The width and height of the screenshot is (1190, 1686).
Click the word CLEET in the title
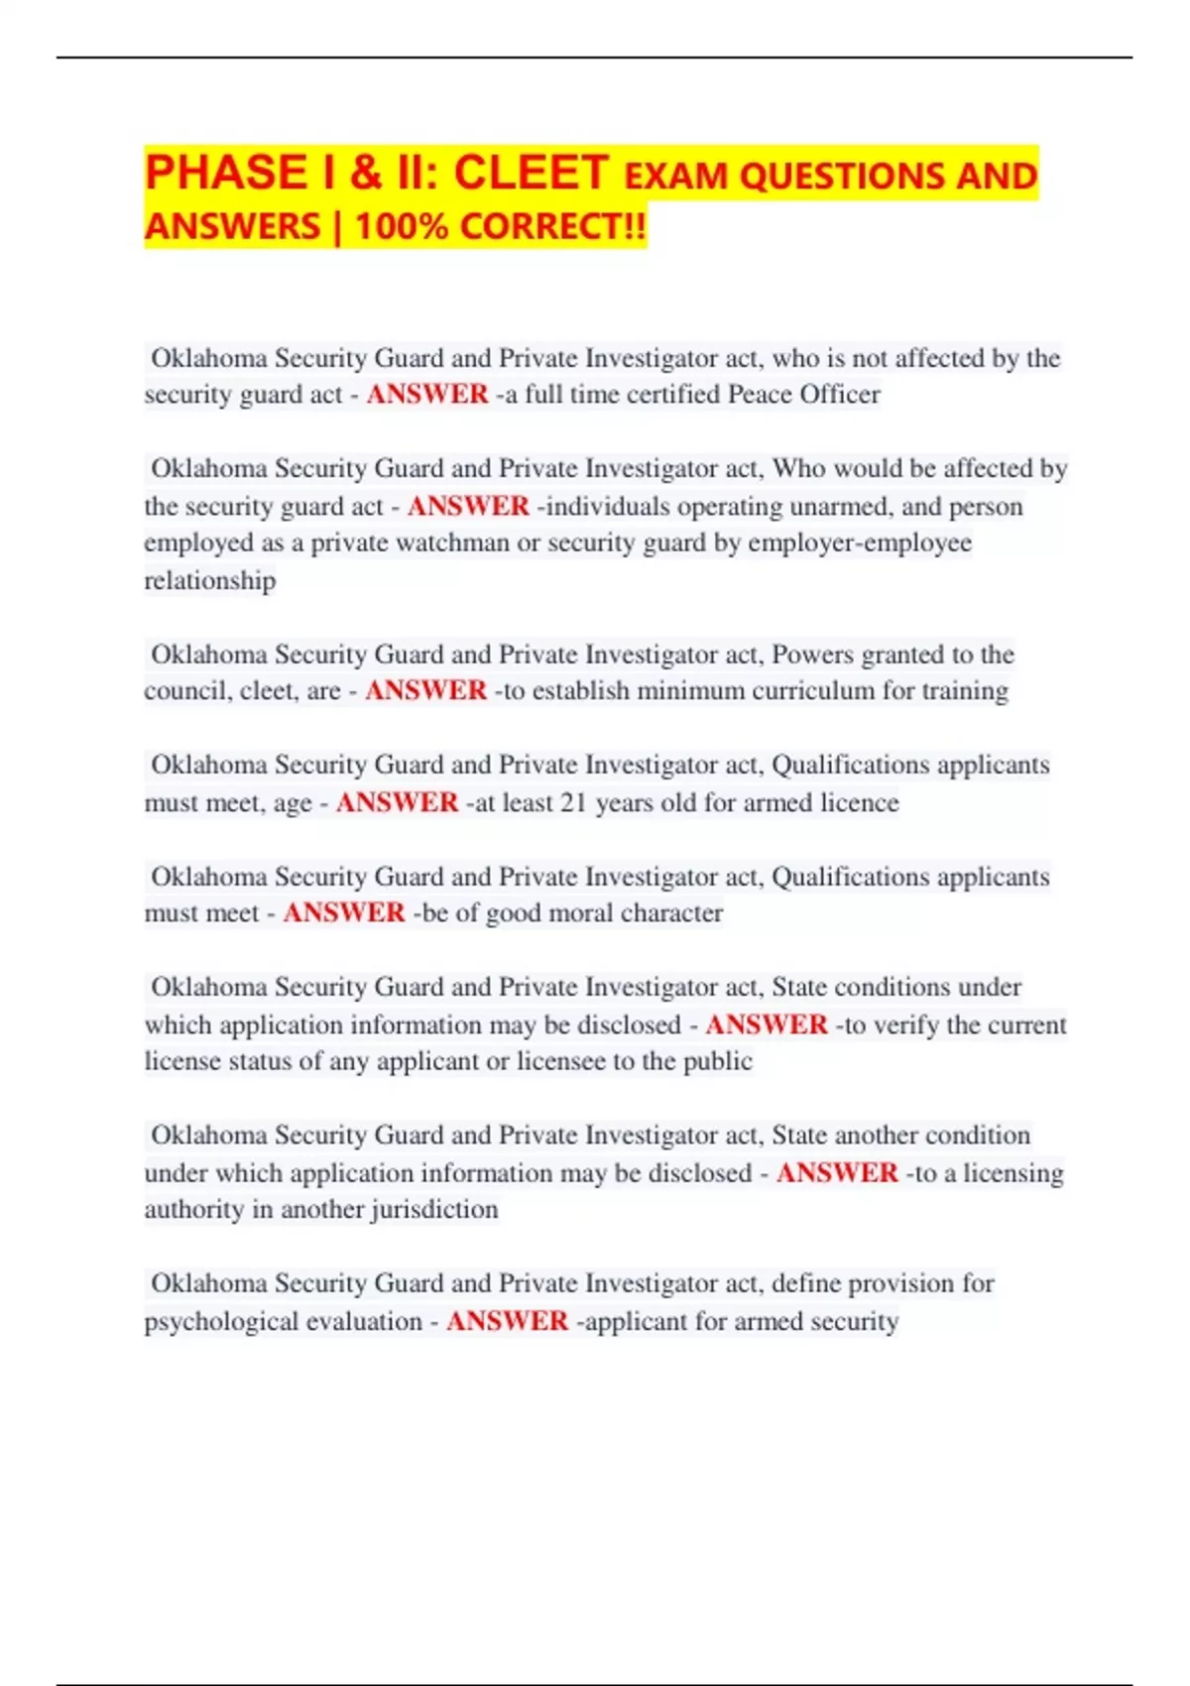(531, 173)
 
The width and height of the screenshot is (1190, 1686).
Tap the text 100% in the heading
(401, 226)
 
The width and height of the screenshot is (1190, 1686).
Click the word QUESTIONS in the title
(842, 176)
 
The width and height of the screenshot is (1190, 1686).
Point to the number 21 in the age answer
(573, 802)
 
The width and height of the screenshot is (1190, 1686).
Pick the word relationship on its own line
(210, 580)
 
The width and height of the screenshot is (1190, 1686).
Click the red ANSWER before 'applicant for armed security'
(507, 1321)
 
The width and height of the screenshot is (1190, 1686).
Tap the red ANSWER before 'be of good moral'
(344, 912)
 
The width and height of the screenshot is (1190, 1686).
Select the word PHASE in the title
(226, 173)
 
